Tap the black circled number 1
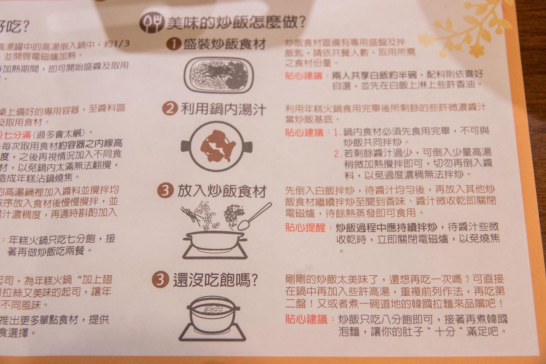(x=172, y=44)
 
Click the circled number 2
(x=170, y=109)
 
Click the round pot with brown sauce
(x=217, y=146)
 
